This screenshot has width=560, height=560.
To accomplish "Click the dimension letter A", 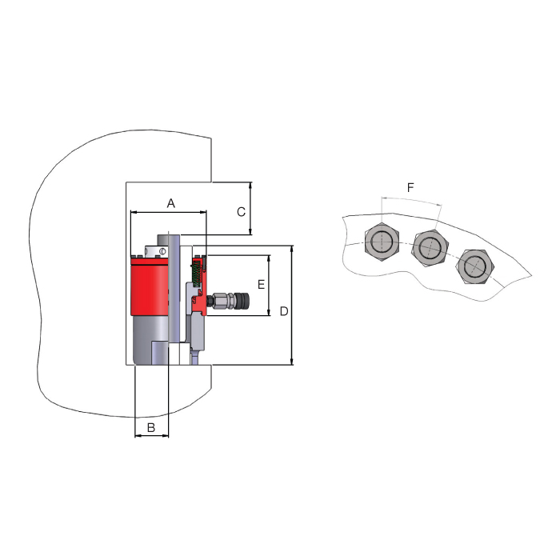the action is click(170, 203).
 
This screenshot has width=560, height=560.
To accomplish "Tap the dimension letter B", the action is click(151, 427).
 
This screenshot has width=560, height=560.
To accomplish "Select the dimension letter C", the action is click(241, 212).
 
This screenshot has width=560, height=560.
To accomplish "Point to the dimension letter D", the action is click(284, 311).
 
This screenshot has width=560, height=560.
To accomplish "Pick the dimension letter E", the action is click(261, 284).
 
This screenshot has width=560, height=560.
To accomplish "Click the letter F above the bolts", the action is click(410, 187).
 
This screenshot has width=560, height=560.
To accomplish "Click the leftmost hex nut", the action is click(382, 242).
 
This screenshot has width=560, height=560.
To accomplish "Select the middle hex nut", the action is click(430, 247).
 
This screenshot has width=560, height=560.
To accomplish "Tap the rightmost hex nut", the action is click(475, 266).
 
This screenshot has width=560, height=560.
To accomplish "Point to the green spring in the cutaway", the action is click(196, 274).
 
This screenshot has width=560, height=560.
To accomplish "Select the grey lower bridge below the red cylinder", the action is click(150, 340).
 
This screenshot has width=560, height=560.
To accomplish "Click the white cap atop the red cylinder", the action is click(156, 251).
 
